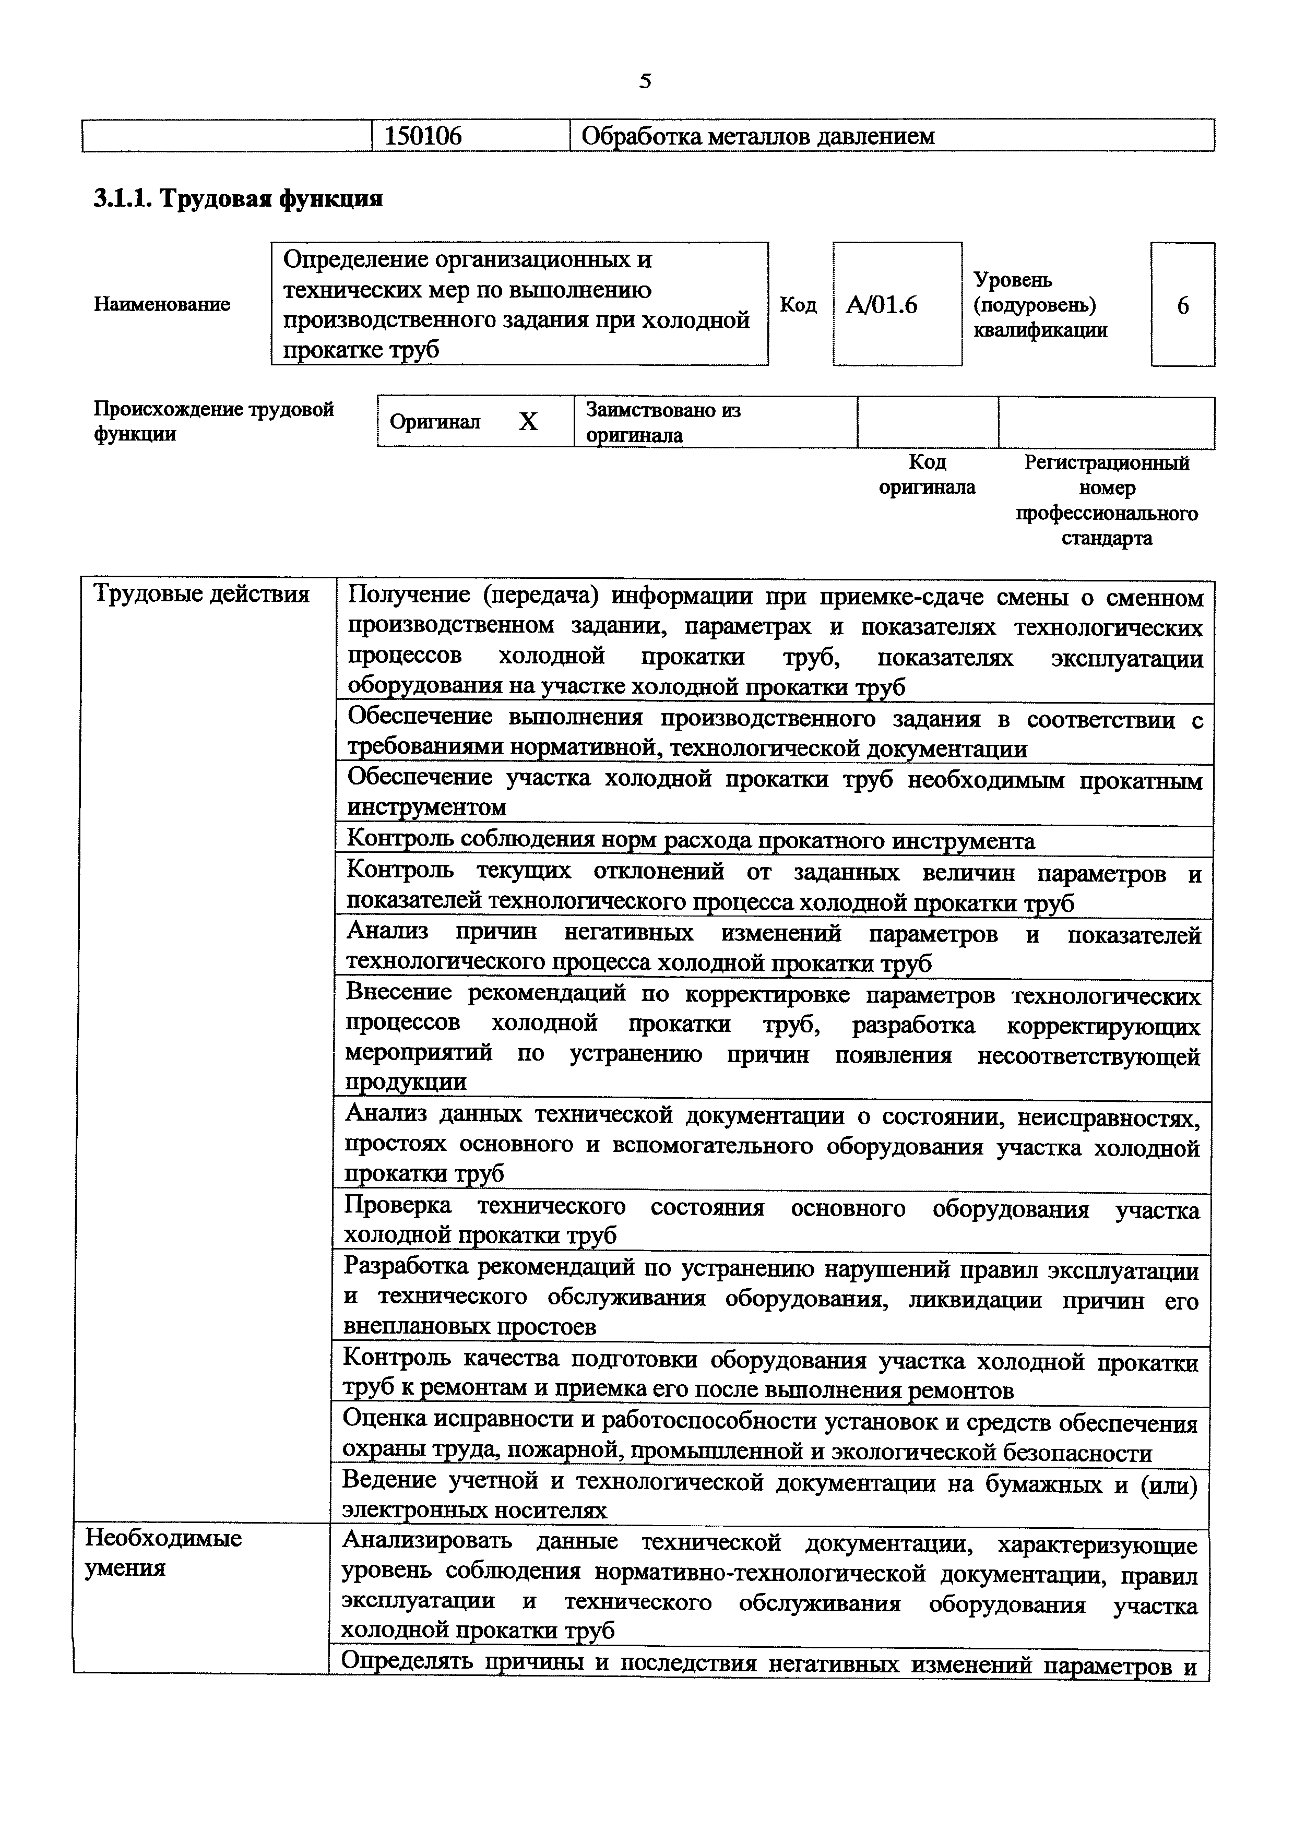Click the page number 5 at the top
pos(645,81)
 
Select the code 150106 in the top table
pos(423,136)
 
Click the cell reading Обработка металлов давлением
pos(757,136)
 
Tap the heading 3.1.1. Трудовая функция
pos(238,198)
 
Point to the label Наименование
pos(162,304)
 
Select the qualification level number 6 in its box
pos(1182,305)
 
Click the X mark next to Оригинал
pos(528,422)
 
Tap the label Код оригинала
pos(927,474)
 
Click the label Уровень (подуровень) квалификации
pos(1040,305)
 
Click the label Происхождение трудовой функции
pos(213,421)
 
